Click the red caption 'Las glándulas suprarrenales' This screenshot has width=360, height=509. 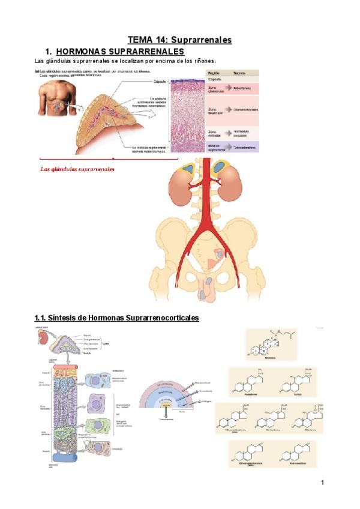[x=77, y=169]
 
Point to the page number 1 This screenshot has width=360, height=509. [x=322, y=482]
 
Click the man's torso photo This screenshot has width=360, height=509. [x=57, y=98]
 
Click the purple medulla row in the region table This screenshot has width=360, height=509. [x=236, y=146]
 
